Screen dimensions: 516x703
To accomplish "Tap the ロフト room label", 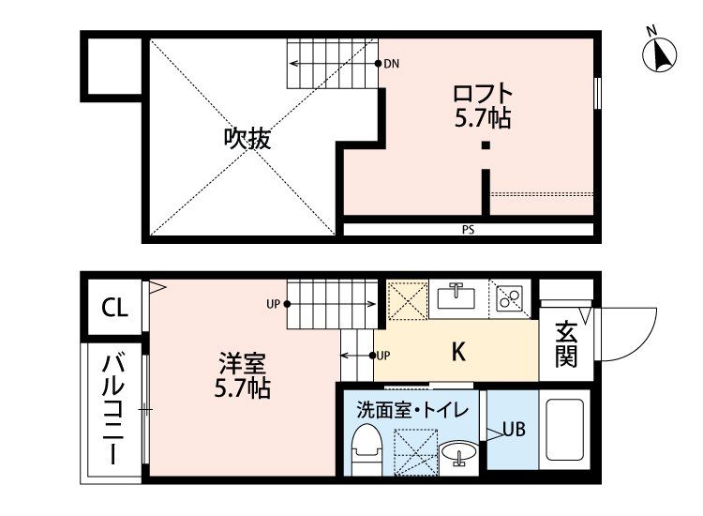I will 483,95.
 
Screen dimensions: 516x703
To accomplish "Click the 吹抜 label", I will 247,139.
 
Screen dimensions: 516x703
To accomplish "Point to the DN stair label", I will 392,64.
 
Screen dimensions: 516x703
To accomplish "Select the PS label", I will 467,229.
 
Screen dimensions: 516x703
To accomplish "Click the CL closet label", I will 115,307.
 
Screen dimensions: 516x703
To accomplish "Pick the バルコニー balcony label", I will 112,411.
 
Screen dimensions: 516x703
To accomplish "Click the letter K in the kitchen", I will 459,353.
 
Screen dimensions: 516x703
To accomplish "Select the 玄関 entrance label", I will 565,344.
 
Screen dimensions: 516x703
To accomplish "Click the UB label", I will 514,430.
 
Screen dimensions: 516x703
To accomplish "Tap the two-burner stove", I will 510,296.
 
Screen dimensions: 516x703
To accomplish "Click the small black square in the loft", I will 486,145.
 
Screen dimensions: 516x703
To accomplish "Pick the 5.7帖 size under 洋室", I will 244,387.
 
